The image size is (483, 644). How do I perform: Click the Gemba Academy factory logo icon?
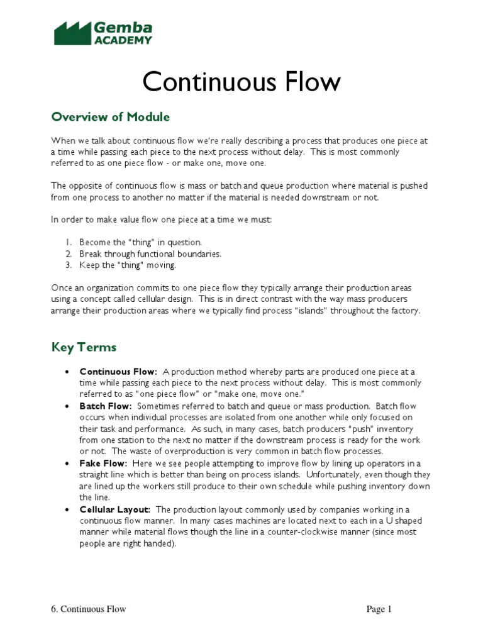72,33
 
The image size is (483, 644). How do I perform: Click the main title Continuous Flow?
241,82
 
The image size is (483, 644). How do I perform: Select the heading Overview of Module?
111,117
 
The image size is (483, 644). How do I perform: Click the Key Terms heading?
84,347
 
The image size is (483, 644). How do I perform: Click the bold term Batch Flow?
106,406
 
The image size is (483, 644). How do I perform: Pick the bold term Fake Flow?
103,464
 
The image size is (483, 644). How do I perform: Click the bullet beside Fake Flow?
67,464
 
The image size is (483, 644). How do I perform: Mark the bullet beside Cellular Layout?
67,509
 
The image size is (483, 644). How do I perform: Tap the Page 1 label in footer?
380,609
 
